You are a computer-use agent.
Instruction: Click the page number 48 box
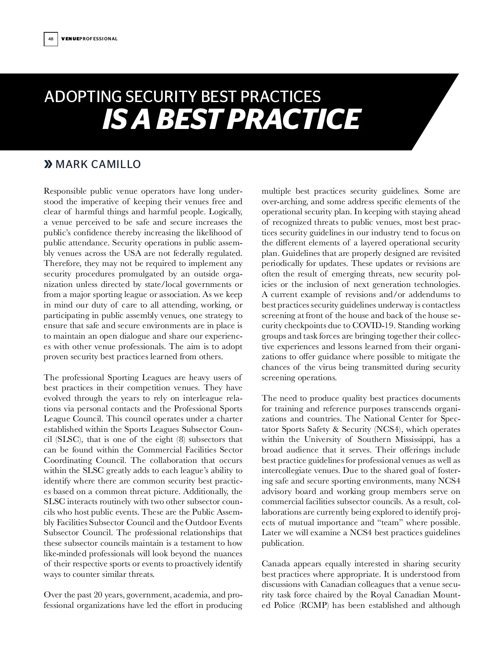(x=50, y=39)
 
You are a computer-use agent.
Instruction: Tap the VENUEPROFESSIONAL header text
(x=89, y=39)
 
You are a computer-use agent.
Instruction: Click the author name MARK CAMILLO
(x=98, y=164)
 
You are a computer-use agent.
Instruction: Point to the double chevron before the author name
(x=49, y=164)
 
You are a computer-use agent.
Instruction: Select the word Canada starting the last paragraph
(x=275, y=564)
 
